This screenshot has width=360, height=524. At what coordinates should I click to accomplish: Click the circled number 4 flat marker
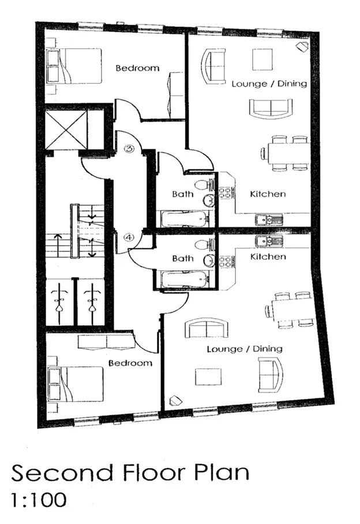[x=129, y=238]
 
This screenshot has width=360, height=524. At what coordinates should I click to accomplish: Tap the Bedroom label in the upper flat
[x=137, y=68]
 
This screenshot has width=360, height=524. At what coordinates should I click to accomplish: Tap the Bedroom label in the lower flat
[x=130, y=363]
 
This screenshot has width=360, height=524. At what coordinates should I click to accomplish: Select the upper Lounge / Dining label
[x=269, y=84]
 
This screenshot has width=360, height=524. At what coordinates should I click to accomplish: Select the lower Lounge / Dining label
[x=245, y=349]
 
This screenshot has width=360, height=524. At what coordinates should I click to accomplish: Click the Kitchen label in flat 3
[x=268, y=194]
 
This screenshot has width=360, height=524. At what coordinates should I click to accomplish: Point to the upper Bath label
[x=183, y=194]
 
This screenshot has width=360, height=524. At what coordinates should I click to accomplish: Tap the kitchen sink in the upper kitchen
[x=269, y=220]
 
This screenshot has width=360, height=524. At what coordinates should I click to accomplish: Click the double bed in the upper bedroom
[x=74, y=66]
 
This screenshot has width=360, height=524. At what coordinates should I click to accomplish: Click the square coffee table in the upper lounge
[x=262, y=59]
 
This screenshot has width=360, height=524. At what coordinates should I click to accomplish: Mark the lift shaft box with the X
[x=66, y=130]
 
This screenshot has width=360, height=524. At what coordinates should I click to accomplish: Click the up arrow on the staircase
[x=58, y=245]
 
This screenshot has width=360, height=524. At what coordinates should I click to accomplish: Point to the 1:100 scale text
[x=39, y=500]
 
